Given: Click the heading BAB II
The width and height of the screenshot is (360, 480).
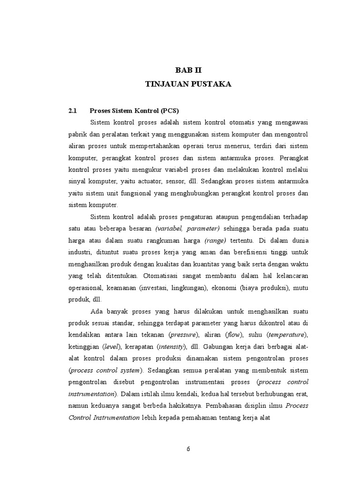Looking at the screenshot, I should [188, 70].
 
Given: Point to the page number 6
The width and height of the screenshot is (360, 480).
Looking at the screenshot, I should [188, 449].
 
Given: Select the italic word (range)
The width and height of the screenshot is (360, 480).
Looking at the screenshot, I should [215, 240].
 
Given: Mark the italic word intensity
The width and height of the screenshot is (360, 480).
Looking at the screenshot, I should [172, 346].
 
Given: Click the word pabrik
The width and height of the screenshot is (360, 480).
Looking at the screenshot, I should [78, 134].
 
